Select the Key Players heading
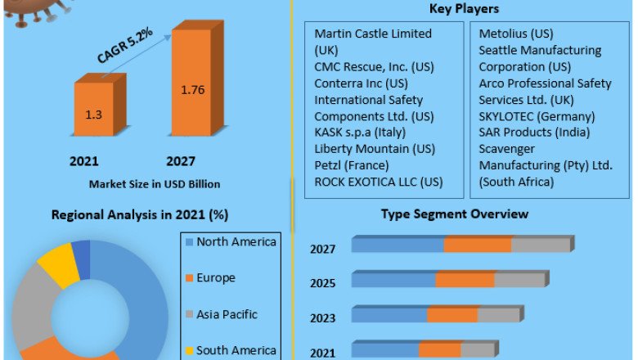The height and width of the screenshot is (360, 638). (465, 9)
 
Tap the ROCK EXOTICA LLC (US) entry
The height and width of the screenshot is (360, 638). (378, 182)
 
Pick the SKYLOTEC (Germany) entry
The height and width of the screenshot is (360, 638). (537, 116)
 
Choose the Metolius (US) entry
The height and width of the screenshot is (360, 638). (516, 34)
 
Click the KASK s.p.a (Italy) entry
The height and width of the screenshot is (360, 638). (361, 133)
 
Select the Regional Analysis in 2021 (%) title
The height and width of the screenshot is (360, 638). (140, 215)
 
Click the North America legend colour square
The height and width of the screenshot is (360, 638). (189, 242)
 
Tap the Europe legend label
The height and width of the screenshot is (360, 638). (215, 278)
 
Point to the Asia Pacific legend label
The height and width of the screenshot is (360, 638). (227, 314)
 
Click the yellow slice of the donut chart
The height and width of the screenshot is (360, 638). (58, 263)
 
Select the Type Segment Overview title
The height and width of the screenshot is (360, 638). (455, 214)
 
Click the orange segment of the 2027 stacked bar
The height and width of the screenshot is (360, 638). (478, 245)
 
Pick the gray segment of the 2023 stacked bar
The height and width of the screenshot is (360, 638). (498, 315)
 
